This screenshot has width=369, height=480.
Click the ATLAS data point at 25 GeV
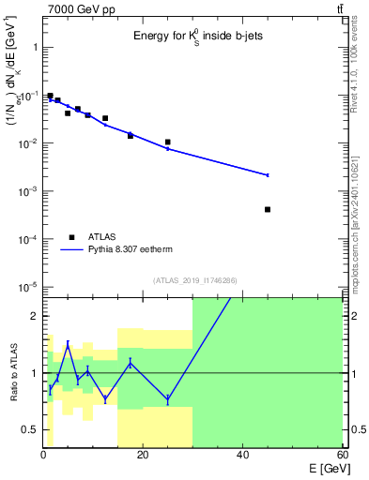coord(167,142)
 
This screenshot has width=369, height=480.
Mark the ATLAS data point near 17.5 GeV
coord(131,136)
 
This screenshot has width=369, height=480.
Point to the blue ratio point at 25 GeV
coord(167,399)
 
